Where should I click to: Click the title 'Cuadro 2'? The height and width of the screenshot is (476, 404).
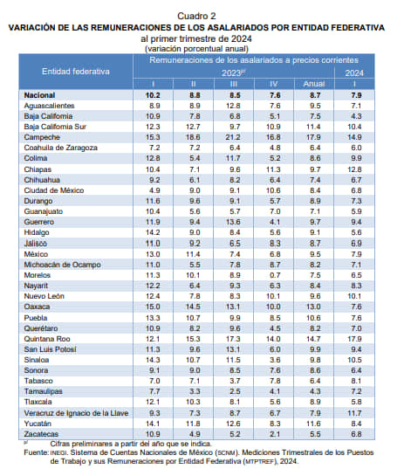(x=196, y=16)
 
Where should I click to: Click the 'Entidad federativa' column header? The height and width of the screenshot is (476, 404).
(x=76, y=72)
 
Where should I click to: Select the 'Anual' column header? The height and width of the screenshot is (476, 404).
(x=314, y=84)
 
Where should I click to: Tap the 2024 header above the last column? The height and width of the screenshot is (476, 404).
(x=354, y=73)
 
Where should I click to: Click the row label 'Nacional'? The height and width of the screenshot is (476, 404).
(x=39, y=95)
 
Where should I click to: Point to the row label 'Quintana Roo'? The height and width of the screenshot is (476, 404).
(x=47, y=339)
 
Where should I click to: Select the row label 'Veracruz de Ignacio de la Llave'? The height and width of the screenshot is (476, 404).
(x=76, y=413)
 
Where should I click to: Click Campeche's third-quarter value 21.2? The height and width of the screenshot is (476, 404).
(x=233, y=137)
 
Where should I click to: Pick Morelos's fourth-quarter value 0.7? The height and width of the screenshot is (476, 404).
(x=275, y=275)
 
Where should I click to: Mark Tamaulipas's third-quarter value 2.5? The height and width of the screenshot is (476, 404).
(x=235, y=391)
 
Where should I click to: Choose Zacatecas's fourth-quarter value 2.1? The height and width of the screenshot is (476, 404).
(x=275, y=434)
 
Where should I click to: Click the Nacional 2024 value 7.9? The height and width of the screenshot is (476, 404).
(x=356, y=95)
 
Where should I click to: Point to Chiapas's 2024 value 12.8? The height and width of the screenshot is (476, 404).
(x=354, y=169)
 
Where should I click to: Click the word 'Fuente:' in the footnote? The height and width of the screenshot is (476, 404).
(x=36, y=452)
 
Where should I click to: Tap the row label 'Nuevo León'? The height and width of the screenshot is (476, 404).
(x=44, y=296)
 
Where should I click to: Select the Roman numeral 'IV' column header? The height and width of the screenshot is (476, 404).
(x=273, y=84)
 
